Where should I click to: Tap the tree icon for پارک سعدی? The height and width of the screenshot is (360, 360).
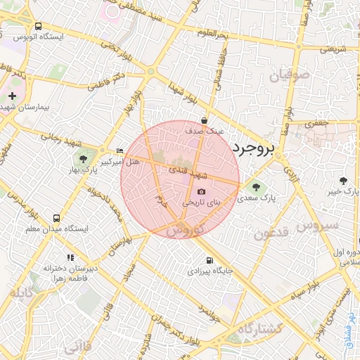(x=252, y=186)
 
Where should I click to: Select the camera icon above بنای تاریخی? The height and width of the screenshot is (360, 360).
(x=202, y=191)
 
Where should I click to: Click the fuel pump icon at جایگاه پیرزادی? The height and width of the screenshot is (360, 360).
(x=209, y=261)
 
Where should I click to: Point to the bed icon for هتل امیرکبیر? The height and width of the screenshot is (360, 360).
(x=120, y=150)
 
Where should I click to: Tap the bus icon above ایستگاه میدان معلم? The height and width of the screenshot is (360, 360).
(x=56, y=217)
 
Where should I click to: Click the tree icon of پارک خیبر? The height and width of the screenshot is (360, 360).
(x=342, y=181)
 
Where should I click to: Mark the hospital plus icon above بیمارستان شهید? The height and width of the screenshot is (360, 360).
(x=13, y=95)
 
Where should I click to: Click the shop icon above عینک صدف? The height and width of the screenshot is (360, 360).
(x=203, y=120)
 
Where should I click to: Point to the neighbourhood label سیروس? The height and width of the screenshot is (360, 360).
(x=318, y=226)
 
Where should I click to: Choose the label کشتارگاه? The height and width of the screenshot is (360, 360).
(x=259, y=328)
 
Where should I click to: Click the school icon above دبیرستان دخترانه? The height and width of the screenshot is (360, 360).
(x=69, y=258)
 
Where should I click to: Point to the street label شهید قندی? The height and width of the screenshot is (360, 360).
(x=187, y=171)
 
